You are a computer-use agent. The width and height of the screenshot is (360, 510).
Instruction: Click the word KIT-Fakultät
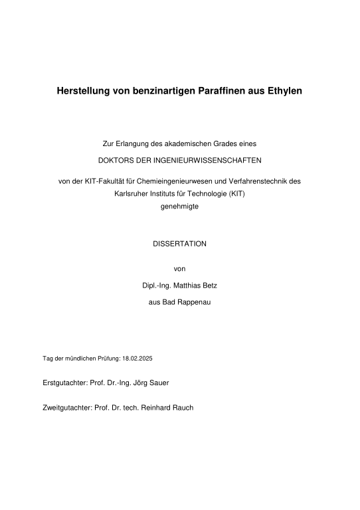[x=100, y=180]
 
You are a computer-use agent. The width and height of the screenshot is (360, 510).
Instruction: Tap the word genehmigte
[x=179, y=207]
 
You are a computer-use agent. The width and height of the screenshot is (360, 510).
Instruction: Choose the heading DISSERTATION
[x=179, y=244]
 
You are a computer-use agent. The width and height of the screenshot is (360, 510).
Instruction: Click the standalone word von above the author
[x=179, y=269]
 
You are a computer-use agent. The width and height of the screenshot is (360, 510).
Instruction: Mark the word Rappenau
[x=194, y=302]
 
